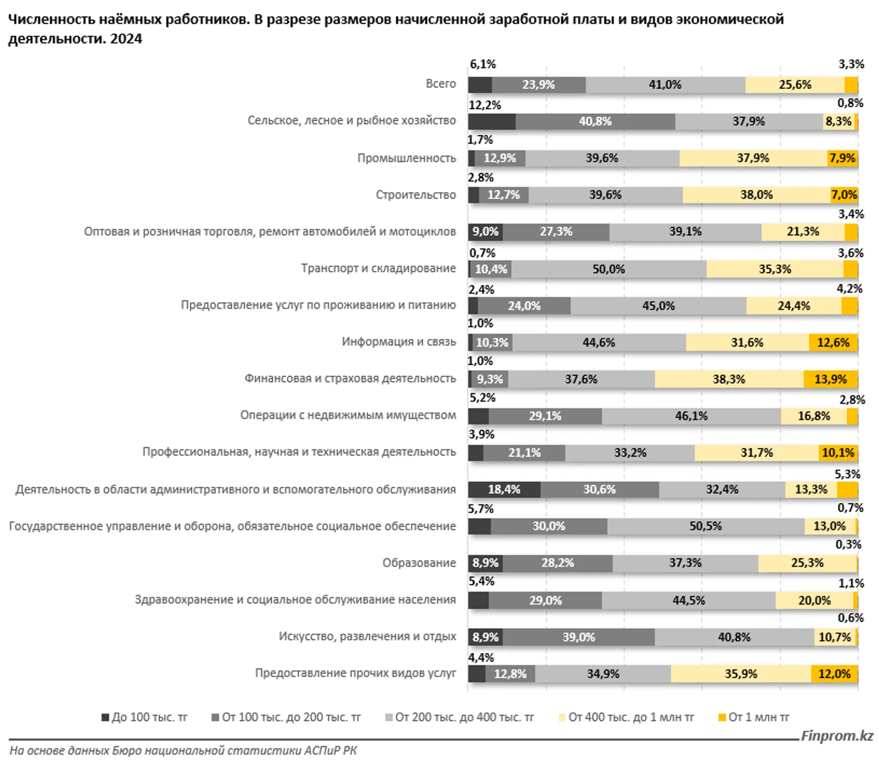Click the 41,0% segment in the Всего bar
[x=665, y=85]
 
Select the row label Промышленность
[x=406, y=158]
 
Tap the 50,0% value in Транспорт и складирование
[x=608, y=269]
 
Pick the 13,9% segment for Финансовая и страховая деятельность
[x=830, y=379]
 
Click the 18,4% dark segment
[x=504, y=490]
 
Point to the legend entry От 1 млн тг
[x=753, y=717]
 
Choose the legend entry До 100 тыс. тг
[x=144, y=717]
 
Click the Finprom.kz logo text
[x=837, y=736]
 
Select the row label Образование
[x=419, y=563]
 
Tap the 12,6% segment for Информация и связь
[x=833, y=342]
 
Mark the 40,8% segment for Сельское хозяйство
[x=595, y=121]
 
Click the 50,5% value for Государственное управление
[x=705, y=526]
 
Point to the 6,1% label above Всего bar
[x=482, y=64]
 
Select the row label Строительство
[x=415, y=195]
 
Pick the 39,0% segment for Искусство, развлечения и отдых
[x=578, y=637]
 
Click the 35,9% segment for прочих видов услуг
[x=741, y=674]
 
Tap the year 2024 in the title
[x=126, y=39]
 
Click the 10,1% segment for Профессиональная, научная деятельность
[x=837, y=452]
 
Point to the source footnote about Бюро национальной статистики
[x=183, y=750]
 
